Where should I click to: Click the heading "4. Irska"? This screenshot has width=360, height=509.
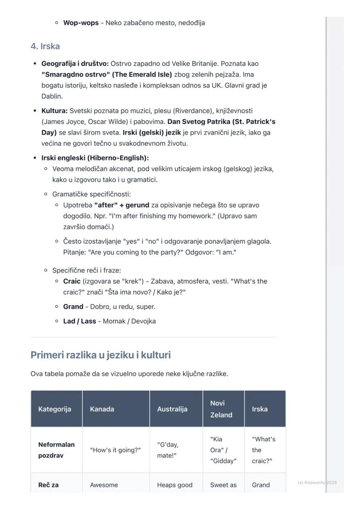[x=45, y=47]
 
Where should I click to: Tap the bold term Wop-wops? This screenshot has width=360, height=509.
[x=81, y=23]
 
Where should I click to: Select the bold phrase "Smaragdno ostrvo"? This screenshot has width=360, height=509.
[x=76, y=74]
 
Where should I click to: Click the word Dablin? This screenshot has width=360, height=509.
[x=52, y=96]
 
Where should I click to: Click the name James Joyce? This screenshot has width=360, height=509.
[x=60, y=122]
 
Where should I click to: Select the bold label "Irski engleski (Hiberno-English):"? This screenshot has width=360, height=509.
[x=95, y=158]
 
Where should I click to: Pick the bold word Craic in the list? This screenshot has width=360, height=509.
[x=72, y=281]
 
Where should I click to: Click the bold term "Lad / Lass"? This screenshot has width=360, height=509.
[x=80, y=321]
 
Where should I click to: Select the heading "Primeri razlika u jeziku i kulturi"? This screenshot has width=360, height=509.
[x=100, y=355]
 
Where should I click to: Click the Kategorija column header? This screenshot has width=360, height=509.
[x=55, y=409]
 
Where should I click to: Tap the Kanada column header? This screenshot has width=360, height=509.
[x=102, y=409]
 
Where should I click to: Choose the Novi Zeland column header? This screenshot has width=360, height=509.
[x=221, y=409]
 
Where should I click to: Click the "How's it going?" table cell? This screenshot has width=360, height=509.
[x=115, y=450]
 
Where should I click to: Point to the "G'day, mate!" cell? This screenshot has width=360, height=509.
[x=168, y=450]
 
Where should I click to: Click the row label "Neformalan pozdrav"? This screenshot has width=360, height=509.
[x=57, y=450]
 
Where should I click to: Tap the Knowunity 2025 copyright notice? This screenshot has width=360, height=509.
[x=317, y=482]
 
